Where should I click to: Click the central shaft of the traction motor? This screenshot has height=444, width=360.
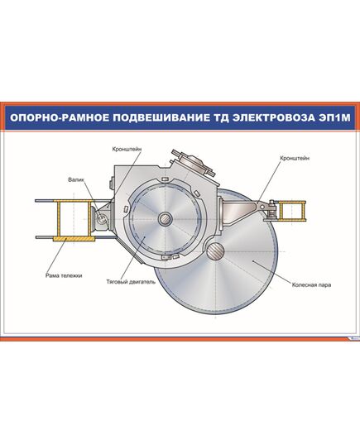click(166, 219)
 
